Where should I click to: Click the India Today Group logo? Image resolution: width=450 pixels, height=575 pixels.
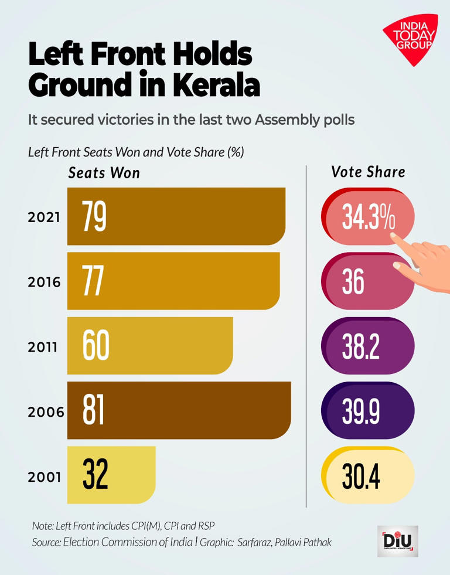(x=412, y=39)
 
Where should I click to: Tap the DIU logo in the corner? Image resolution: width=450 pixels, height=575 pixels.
(x=398, y=541)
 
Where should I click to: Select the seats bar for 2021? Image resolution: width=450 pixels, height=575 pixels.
(x=176, y=216)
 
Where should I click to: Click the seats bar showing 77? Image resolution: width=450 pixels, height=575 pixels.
(x=173, y=281)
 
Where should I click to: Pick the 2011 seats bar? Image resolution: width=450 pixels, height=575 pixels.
(x=150, y=345)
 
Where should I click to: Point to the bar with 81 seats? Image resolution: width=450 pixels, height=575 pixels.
(x=179, y=410)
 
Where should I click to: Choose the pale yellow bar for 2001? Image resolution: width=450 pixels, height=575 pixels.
(x=111, y=475)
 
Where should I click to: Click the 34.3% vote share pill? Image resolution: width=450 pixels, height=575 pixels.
(x=368, y=216)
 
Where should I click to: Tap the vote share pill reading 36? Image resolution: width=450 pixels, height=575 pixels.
(x=368, y=281)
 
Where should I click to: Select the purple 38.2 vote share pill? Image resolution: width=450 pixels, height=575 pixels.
(x=368, y=345)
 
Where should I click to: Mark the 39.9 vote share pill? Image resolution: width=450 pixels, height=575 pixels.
(x=368, y=410)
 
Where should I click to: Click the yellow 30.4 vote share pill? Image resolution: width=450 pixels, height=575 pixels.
(x=368, y=475)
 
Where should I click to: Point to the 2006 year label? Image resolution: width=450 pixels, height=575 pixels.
(x=46, y=412)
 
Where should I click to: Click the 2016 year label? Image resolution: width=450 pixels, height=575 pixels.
(x=44, y=283)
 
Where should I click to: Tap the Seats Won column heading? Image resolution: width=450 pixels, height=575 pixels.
(x=104, y=173)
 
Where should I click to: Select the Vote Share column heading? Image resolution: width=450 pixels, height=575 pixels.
(x=369, y=172)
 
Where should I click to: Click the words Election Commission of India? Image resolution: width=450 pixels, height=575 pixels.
(x=128, y=542)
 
